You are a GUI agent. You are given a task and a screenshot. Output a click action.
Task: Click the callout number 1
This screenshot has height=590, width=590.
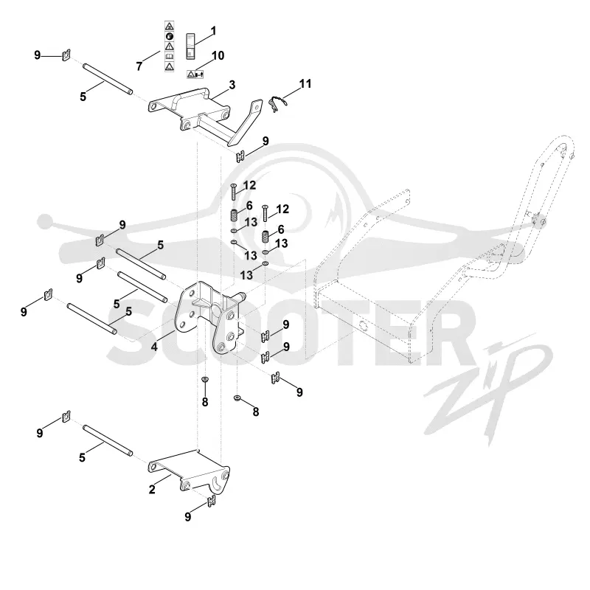pos(213,31)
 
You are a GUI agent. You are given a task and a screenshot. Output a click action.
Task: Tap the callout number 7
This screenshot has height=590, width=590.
pos(139,66)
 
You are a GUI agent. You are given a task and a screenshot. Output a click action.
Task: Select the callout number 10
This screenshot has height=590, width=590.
pos(218,56)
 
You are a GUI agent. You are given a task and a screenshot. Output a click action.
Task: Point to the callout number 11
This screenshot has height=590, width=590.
pos(305,83)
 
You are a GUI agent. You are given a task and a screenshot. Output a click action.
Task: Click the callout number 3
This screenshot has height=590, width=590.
pos(232,85)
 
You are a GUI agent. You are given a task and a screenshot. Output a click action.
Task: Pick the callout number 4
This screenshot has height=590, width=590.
pos(154,347)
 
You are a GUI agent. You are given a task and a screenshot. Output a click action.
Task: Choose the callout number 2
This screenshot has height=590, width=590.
pos(152,490)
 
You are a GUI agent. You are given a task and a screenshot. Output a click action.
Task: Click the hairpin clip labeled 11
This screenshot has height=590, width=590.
pos(277,104)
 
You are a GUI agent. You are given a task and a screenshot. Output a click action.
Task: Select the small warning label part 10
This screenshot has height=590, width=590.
pos(195,74)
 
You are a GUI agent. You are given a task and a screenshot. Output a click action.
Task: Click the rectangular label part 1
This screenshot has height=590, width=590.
pos(191,46)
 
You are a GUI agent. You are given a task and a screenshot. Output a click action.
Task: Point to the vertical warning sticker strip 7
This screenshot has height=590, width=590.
pos(170,46)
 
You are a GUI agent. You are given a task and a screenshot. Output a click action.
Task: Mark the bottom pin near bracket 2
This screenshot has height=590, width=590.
pos(108,440)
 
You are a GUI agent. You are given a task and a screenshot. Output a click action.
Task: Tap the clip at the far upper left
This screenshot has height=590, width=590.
pos(66,55)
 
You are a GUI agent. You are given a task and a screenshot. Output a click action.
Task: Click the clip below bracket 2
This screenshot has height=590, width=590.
pos(212,501)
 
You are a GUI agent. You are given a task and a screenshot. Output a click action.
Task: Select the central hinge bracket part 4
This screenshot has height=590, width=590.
pos(210,317)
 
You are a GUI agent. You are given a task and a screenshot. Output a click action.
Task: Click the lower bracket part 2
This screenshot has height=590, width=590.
pos(190,471)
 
